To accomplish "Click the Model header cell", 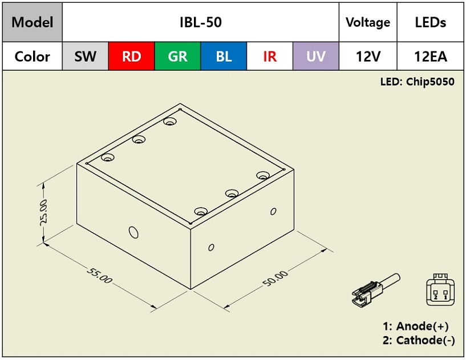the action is [33, 22].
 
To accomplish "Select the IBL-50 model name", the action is [201, 22].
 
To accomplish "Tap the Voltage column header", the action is [368, 22].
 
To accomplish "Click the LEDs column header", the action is [430, 22].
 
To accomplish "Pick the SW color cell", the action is [86, 56].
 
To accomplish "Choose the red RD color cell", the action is [132, 56].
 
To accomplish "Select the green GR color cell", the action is [178, 56].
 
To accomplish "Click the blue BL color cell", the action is [224, 56].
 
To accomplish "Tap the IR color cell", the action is [270, 56].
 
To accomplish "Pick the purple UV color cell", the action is [316, 56].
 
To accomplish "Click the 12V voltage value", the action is [368, 56].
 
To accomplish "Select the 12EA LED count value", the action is [430, 56].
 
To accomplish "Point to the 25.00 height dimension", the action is [44, 213].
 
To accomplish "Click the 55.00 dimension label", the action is [100, 276].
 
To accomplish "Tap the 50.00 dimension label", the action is [275, 278].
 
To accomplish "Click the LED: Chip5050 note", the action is [418, 82].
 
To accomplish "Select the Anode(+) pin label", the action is [422, 326].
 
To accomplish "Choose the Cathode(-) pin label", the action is [426, 340].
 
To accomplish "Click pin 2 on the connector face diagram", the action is [435, 295].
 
